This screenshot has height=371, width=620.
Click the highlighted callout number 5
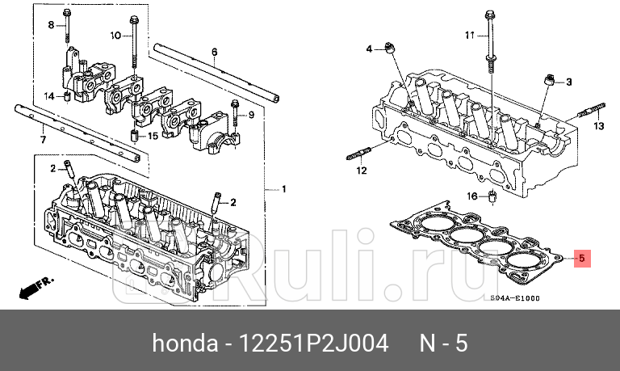[x=581, y=259]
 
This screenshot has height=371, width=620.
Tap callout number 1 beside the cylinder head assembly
[x=283, y=189]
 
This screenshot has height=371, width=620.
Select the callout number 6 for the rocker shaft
[x=215, y=53]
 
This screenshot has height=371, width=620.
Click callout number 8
[x=50, y=26]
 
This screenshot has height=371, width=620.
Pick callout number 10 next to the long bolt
[x=115, y=36]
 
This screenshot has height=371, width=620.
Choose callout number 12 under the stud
[x=362, y=171]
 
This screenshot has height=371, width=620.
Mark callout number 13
[x=598, y=127]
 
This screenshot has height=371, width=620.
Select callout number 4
[x=370, y=49]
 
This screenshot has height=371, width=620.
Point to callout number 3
[x=568, y=82]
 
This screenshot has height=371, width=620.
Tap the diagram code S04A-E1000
[x=515, y=297]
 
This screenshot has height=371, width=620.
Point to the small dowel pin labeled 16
[x=492, y=197]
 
